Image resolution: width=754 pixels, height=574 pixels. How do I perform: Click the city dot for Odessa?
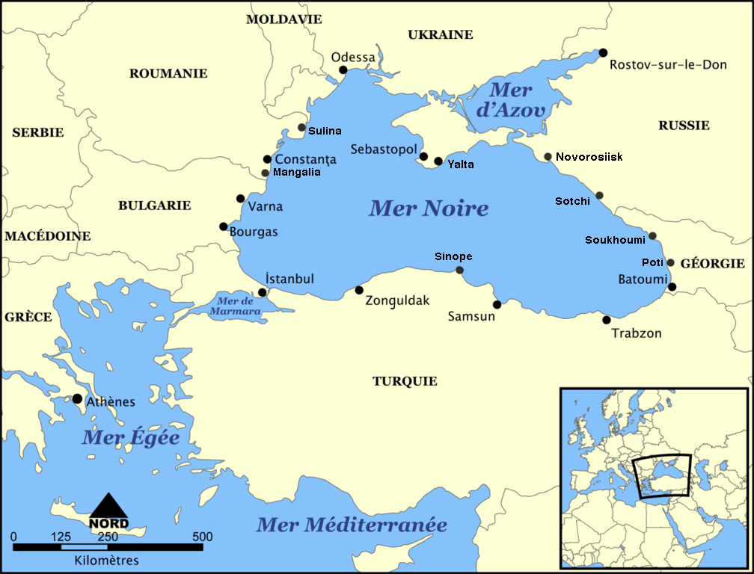(x=343, y=70)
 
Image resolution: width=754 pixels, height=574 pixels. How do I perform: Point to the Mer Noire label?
(x=429, y=208)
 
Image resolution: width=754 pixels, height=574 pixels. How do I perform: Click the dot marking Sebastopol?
(x=424, y=157)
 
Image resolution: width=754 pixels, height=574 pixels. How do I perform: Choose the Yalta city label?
(x=460, y=164)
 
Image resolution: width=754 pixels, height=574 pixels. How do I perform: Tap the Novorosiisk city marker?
(x=548, y=157)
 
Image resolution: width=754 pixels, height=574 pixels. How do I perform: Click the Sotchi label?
(x=572, y=201)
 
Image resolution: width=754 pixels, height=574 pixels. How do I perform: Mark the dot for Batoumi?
(x=672, y=287)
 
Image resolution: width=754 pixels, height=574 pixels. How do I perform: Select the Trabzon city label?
(x=637, y=333)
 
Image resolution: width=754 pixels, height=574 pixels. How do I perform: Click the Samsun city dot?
(x=497, y=304)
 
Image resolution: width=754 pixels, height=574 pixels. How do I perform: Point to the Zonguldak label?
(x=398, y=300)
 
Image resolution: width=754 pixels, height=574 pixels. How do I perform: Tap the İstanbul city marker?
(x=262, y=292)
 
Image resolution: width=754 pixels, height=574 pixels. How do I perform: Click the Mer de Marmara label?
(x=235, y=305)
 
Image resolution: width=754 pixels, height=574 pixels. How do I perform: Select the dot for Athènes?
(x=77, y=399)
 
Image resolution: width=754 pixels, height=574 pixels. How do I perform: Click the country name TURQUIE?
(x=405, y=381)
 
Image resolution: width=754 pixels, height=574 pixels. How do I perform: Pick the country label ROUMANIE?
(x=168, y=73)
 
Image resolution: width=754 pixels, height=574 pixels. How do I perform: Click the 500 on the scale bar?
(x=202, y=537)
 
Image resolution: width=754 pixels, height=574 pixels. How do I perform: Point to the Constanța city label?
(x=305, y=160)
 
